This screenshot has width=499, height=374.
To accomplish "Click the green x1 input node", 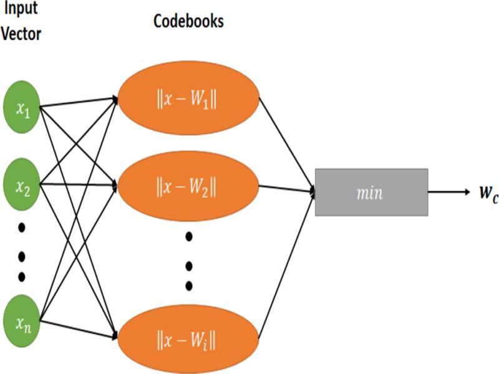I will tap(23, 110).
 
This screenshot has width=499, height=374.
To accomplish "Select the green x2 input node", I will tap(23, 185).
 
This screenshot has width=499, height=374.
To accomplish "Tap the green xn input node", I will tap(23, 322).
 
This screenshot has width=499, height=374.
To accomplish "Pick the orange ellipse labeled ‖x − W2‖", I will tap(188, 185).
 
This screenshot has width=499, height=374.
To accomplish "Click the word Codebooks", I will tap(188, 22).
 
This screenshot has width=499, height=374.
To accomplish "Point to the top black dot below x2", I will tap(22, 228).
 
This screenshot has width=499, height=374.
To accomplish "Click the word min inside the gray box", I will tap(371, 193).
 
